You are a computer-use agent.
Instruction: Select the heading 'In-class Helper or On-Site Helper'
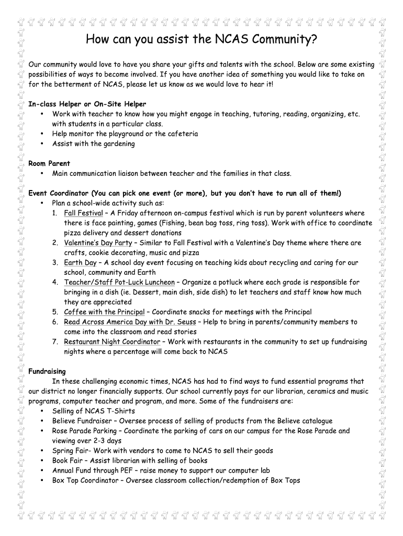(87, 104)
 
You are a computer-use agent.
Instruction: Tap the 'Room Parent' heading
(49, 163)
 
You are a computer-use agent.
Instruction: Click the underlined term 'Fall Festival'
(83, 213)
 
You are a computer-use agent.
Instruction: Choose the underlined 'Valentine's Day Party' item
(98, 243)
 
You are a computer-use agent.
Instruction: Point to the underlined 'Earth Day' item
(80, 263)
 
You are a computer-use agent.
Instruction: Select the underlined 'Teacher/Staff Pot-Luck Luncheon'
(119, 282)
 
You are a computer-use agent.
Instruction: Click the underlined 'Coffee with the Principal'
(104, 312)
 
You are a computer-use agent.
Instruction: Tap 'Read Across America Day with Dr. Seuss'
(130, 322)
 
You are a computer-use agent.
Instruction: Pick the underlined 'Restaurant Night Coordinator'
(112, 342)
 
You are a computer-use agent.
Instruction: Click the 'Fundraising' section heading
(47, 371)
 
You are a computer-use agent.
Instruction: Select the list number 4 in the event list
(55, 283)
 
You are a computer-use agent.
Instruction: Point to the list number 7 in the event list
(55, 342)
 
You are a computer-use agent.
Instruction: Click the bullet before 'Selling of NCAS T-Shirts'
(41, 411)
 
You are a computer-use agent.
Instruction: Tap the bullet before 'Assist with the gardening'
(41, 144)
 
